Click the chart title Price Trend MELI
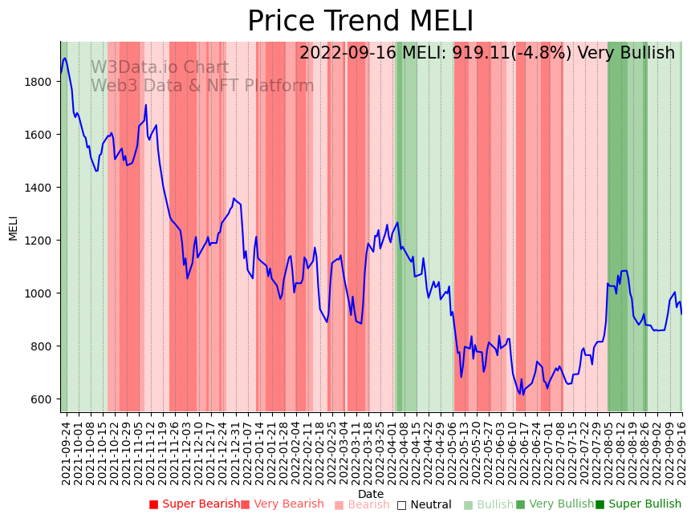coord(360,22)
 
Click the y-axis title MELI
coord(13,227)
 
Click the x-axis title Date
coord(371,494)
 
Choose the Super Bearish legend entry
coord(195,504)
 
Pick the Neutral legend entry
coord(425,504)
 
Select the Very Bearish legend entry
coord(282,504)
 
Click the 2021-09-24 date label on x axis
coord(65,453)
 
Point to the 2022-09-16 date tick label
coord(681,453)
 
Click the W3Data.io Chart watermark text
coord(159,68)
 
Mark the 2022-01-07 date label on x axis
coord(249,453)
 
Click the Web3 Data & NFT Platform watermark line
coord(201,86)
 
